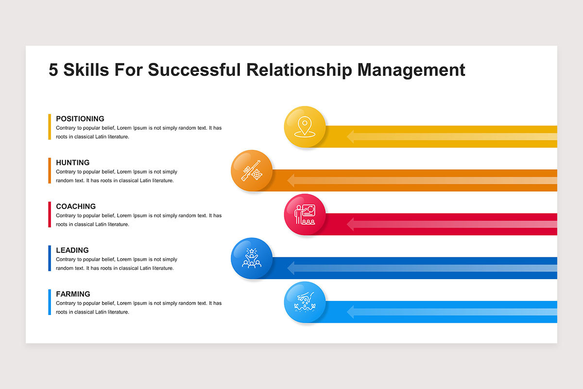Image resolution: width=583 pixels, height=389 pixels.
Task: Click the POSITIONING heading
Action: [80, 119]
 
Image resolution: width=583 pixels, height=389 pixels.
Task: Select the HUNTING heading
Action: [73, 162]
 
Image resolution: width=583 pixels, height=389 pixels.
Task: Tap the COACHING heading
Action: [76, 206]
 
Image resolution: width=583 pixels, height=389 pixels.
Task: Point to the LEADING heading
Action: [72, 250]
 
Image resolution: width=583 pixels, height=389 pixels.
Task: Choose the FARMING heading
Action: [73, 294]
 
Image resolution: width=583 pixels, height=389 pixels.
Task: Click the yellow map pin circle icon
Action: [305, 126]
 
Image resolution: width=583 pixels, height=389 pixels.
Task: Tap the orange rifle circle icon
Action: [251, 170]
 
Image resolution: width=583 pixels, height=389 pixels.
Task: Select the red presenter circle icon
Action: [305, 214]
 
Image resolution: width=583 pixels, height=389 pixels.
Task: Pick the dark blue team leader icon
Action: [251, 258]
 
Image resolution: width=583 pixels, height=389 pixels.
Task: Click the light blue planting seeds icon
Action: [305, 302]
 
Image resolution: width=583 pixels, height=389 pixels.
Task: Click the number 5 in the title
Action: [53, 70]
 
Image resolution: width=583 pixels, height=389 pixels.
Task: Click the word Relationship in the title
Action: [299, 70]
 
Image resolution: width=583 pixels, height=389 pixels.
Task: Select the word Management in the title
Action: [412, 70]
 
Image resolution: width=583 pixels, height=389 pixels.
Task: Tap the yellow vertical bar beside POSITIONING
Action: [50, 127]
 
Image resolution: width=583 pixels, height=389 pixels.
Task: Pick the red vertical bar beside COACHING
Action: [50, 214]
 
